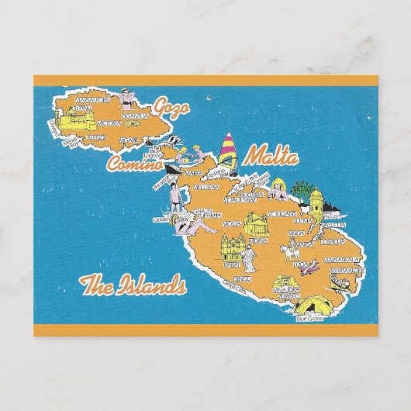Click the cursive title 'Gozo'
point(171,106)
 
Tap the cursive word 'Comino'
point(133,163)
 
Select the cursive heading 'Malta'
point(271,157)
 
